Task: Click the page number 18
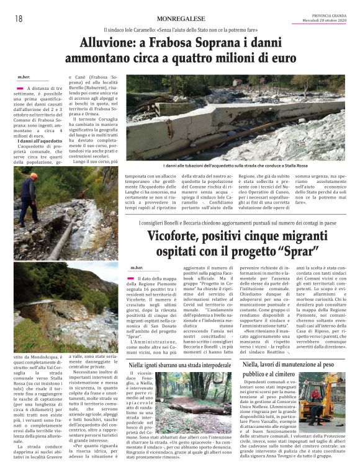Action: pos(19,19)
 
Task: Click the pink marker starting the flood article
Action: pos(21,90)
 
